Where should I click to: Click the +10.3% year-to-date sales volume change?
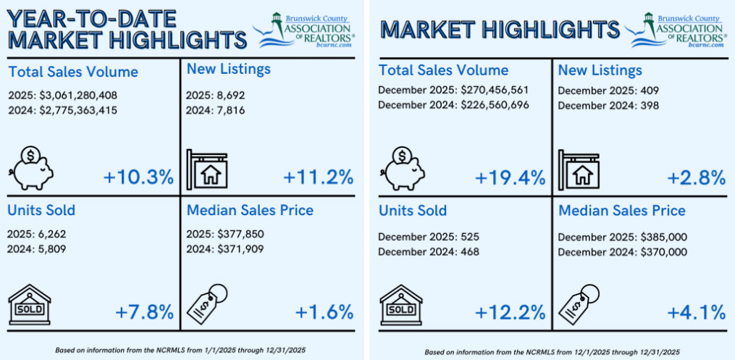[x=138, y=177]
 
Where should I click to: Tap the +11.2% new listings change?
[x=318, y=177]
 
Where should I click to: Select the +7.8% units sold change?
[x=144, y=312]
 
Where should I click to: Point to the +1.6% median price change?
[x=324, y=312]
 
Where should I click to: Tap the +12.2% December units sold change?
[x=510, y=312]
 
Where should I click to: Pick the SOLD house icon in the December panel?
[x=401, y=304]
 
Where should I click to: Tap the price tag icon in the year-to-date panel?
[x=209, y=303]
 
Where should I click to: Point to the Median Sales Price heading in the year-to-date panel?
[x=250, y=210]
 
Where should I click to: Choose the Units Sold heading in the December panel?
[x=412, y=211]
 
